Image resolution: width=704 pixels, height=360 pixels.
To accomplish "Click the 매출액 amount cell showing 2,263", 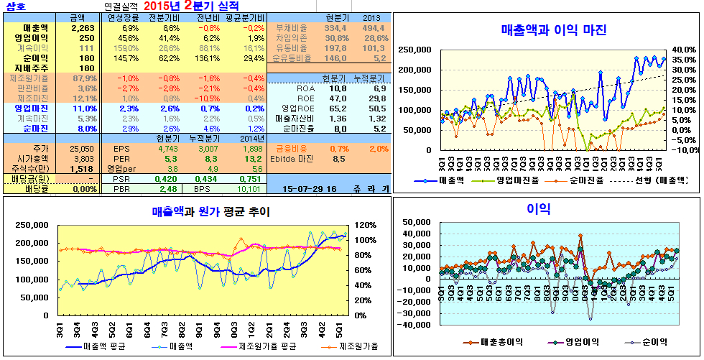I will [x=73, y=27].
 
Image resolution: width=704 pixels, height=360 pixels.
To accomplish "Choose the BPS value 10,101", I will [x=247, y=189].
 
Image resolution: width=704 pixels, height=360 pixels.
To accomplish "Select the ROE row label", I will [x=305, y=98].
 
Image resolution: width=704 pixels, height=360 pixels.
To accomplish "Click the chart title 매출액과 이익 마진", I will [x=553, y=30].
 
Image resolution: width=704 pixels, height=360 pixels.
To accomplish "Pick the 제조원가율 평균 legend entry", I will [x=267, y=347].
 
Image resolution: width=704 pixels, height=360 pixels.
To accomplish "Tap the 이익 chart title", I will [x=538, y=208].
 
